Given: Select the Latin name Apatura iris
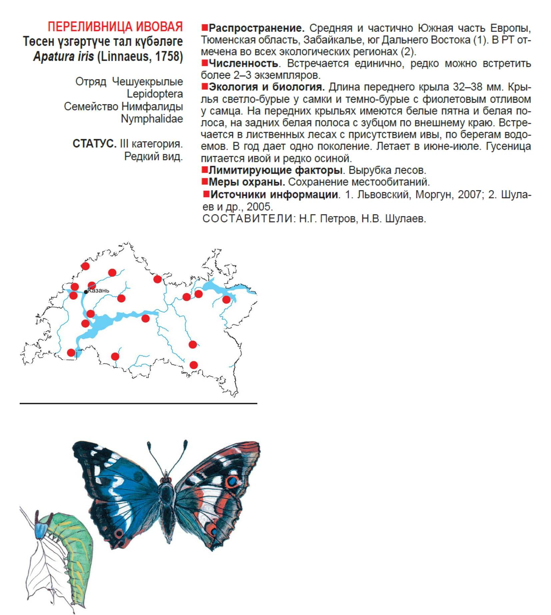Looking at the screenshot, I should [63, 56].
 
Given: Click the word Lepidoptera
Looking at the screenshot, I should [155, 94].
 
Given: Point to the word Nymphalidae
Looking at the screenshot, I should [152, 119].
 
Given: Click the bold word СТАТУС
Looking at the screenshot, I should [94, 144].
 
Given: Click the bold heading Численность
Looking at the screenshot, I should [243, 63].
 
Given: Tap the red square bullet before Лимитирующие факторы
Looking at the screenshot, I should [205, 170].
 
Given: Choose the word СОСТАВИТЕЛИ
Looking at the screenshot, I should [248, 219].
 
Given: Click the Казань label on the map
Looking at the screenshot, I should [99, 290].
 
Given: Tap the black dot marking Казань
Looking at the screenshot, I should [86, 292].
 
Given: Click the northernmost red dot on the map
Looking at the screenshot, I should [86, 266].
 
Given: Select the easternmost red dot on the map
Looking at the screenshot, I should [226, 299].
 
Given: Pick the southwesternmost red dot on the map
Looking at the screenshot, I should [71, 353].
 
